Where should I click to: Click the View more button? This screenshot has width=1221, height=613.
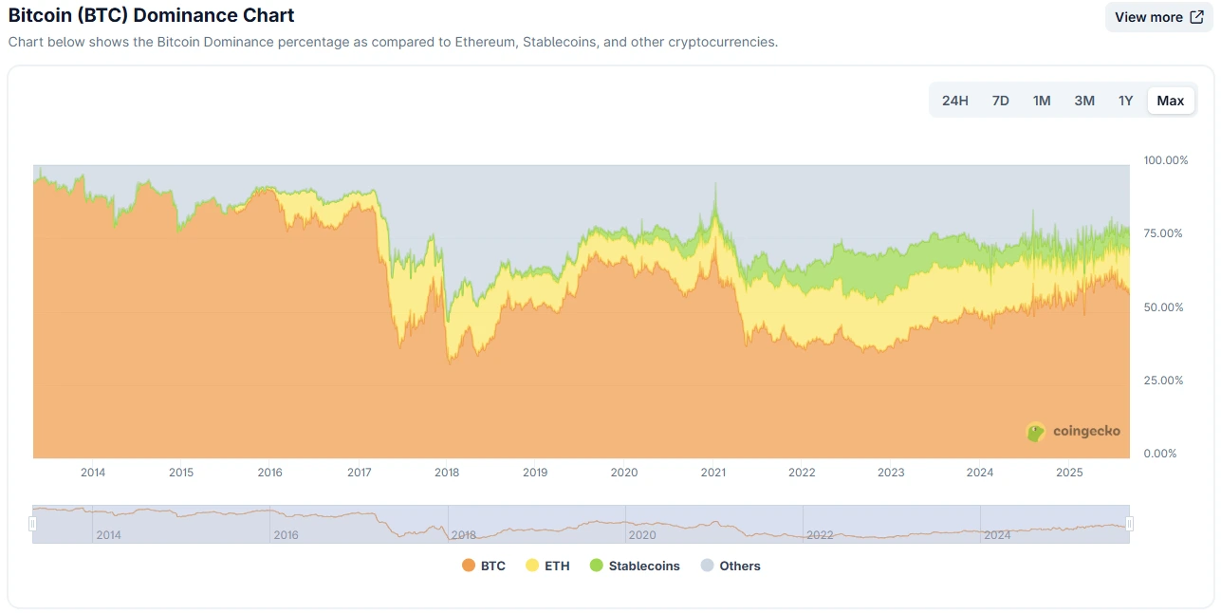click(1158, 17)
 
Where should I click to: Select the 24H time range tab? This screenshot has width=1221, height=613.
click(954, 101)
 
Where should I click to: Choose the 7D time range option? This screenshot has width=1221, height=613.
click(1000, 101)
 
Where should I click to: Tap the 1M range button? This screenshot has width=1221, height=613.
click(1042, 101)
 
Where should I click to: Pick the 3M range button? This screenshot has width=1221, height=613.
click(1084, 101)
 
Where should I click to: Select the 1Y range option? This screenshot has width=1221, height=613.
click(1125, 101)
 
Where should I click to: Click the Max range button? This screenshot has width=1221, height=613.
click(1170, 101)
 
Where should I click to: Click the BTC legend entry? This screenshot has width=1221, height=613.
click(484, 566)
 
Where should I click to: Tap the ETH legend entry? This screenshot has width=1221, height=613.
click(547, 566)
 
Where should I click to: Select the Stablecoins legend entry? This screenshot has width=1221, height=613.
click(635, 566)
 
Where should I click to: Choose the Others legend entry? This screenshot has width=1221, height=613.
click(731, 566)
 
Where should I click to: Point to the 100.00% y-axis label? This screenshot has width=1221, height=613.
click(1165, 160)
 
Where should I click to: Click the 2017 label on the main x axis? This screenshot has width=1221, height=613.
click(359, 473)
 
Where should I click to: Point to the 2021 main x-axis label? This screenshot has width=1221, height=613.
click(713, 473)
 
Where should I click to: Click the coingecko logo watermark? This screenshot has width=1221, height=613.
click(1074, 432)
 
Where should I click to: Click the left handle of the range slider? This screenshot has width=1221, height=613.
click(32, 524)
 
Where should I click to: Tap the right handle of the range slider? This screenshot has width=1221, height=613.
click(1130, 524)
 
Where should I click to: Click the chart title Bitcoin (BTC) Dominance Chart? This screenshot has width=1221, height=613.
click(151, 16)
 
